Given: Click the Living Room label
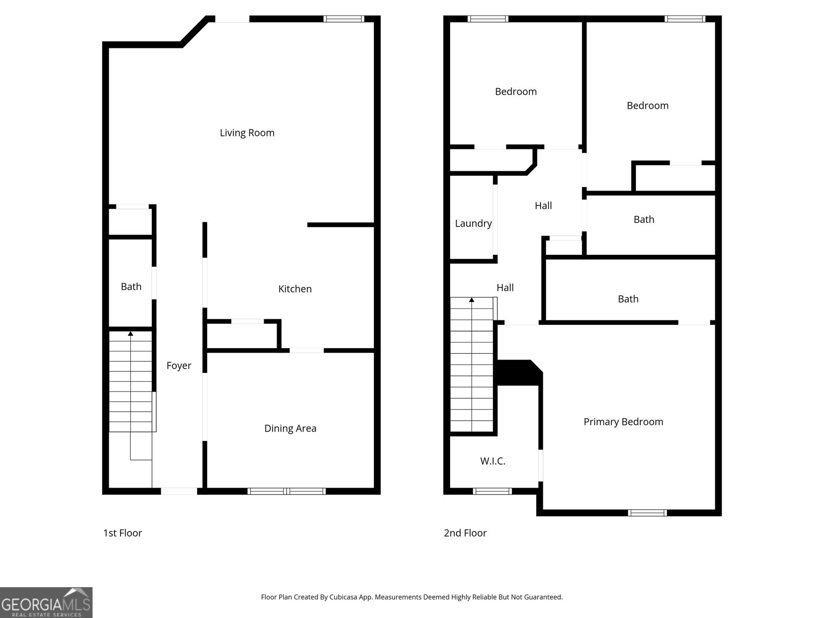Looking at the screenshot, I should point(247,133).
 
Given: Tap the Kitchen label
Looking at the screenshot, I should point(295,289).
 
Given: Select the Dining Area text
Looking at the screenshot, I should point(290,428).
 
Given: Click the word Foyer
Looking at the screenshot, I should point(179,366).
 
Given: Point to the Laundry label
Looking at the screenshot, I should point(473,224).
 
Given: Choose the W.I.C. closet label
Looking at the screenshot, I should point(492,461).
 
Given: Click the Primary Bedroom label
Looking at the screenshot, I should point(623,422).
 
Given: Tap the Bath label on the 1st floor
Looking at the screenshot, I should point(131,287).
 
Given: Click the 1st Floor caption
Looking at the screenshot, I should point(123,533).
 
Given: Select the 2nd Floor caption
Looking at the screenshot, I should point(465,533).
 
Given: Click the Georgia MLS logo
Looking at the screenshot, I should point(46,603).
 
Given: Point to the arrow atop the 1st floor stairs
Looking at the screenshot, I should point(130,334).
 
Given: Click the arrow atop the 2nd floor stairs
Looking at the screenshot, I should point(471,300).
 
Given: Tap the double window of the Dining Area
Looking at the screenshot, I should point(286,491).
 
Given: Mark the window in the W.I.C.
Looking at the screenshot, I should point(492,491).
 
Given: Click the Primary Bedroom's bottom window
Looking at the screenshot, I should point(647,512).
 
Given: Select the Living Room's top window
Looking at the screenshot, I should point(344,19).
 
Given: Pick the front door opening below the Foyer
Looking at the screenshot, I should point(179,491).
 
